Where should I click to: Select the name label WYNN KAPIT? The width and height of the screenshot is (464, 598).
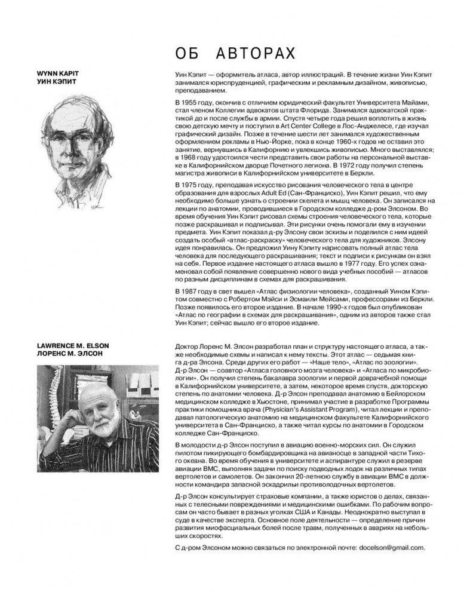tap(58, 73)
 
